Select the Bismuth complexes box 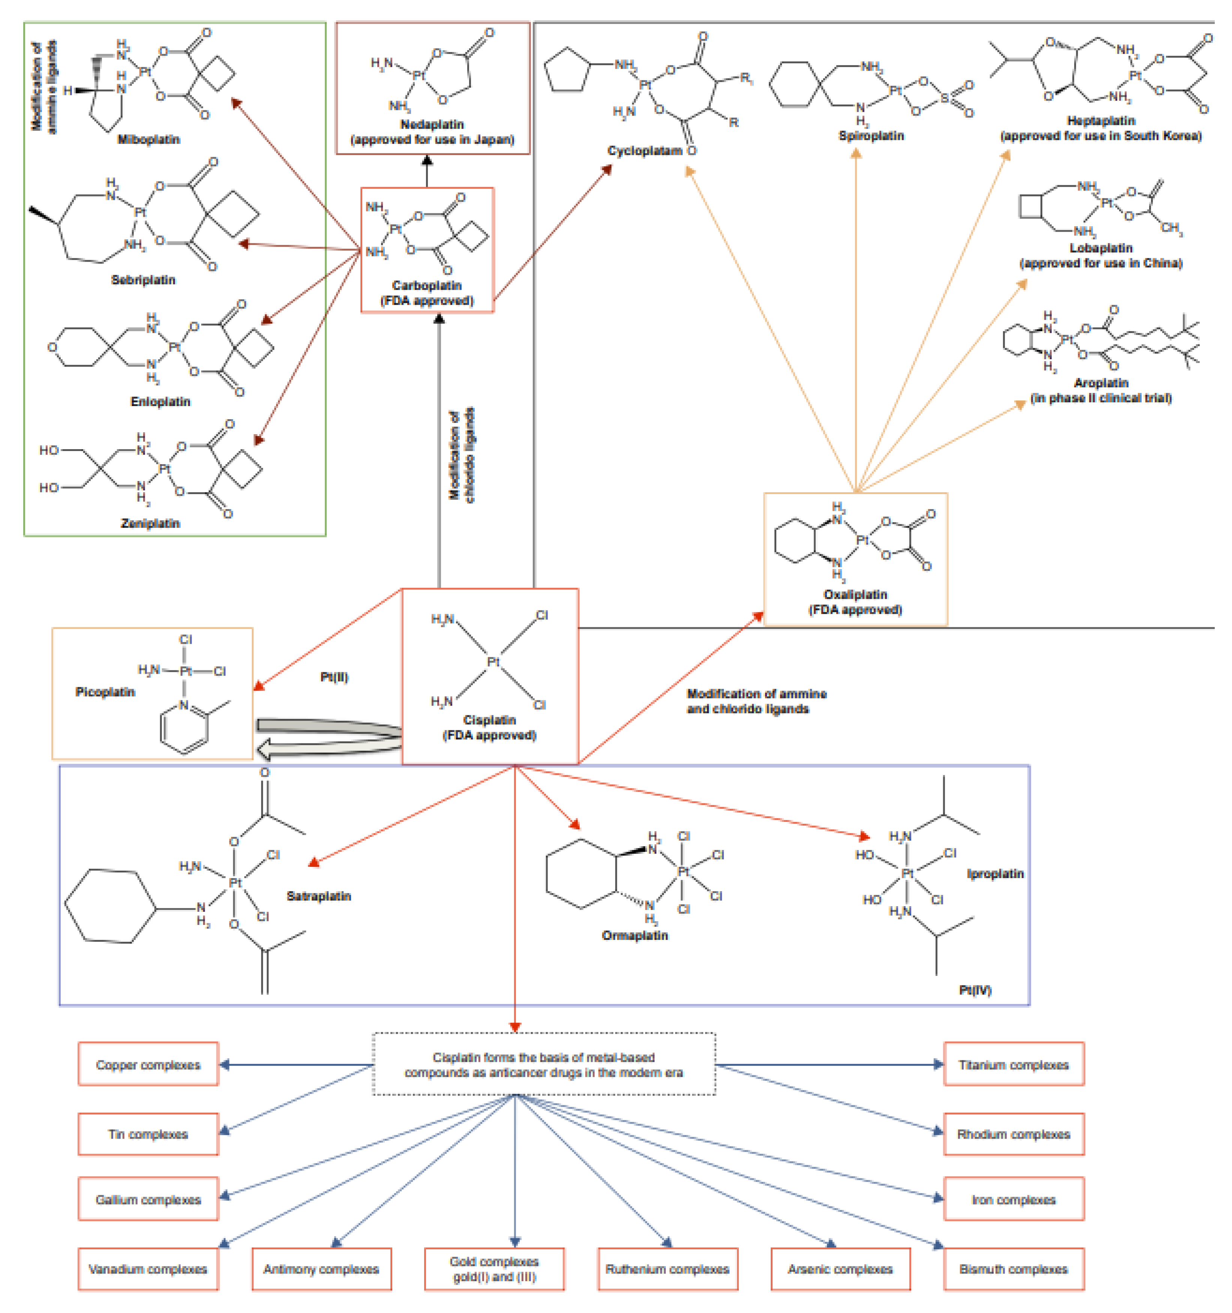point(1013,1269)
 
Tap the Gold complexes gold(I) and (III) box point(494,1269)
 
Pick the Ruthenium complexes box point(667,1269)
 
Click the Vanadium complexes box point(148,1269)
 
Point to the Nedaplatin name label point(432,124)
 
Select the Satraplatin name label point(318,896)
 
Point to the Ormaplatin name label point(634,935)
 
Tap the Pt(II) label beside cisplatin point(334,677)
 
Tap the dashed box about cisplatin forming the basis point(544,1064)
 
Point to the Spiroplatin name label point(871,135)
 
